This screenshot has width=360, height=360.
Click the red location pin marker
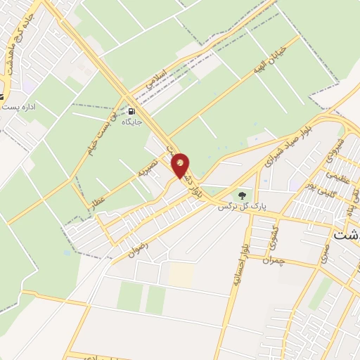(181, 165)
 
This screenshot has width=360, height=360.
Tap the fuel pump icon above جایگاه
(131, 110)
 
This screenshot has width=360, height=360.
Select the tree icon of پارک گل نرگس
(242, 195)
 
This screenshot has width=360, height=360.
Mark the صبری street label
(323, 254)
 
